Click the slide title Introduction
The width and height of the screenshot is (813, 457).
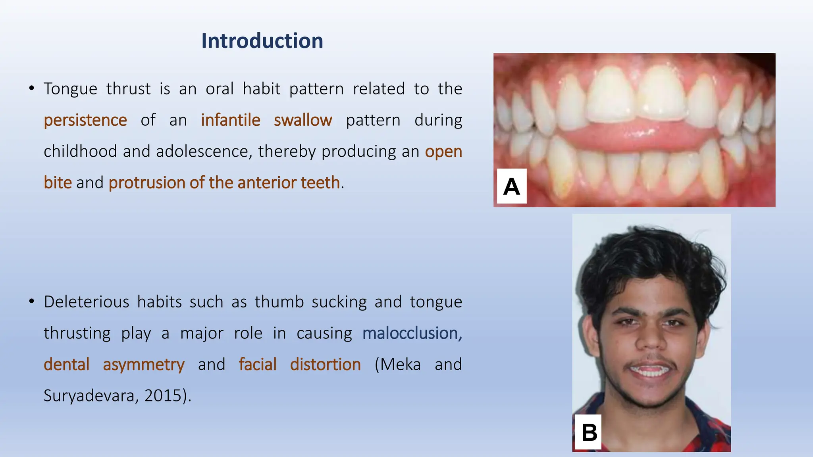[x=262, y=41]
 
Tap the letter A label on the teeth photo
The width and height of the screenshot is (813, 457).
[x=511, y=186]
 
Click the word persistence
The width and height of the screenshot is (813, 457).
[x=85, y=120]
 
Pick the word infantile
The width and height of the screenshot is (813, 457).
[x=231, y=120]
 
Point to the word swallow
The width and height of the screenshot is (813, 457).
[x=303, y=120]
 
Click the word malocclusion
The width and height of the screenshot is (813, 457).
[x=412, y=333]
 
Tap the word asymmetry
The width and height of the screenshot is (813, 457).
[x=144, y=365]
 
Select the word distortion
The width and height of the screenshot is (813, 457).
[x=326, y=365]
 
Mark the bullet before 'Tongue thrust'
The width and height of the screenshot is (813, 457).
[x=31, y=88]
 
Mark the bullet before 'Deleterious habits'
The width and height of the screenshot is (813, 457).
[x=31, y=301]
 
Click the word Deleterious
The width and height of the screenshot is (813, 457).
[x=87, y=302]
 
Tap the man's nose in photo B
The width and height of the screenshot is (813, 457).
[x=651, y=339]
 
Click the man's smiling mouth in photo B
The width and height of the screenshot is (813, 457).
[x=650, y=371]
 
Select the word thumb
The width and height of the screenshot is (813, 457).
[x=279, y=302]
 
